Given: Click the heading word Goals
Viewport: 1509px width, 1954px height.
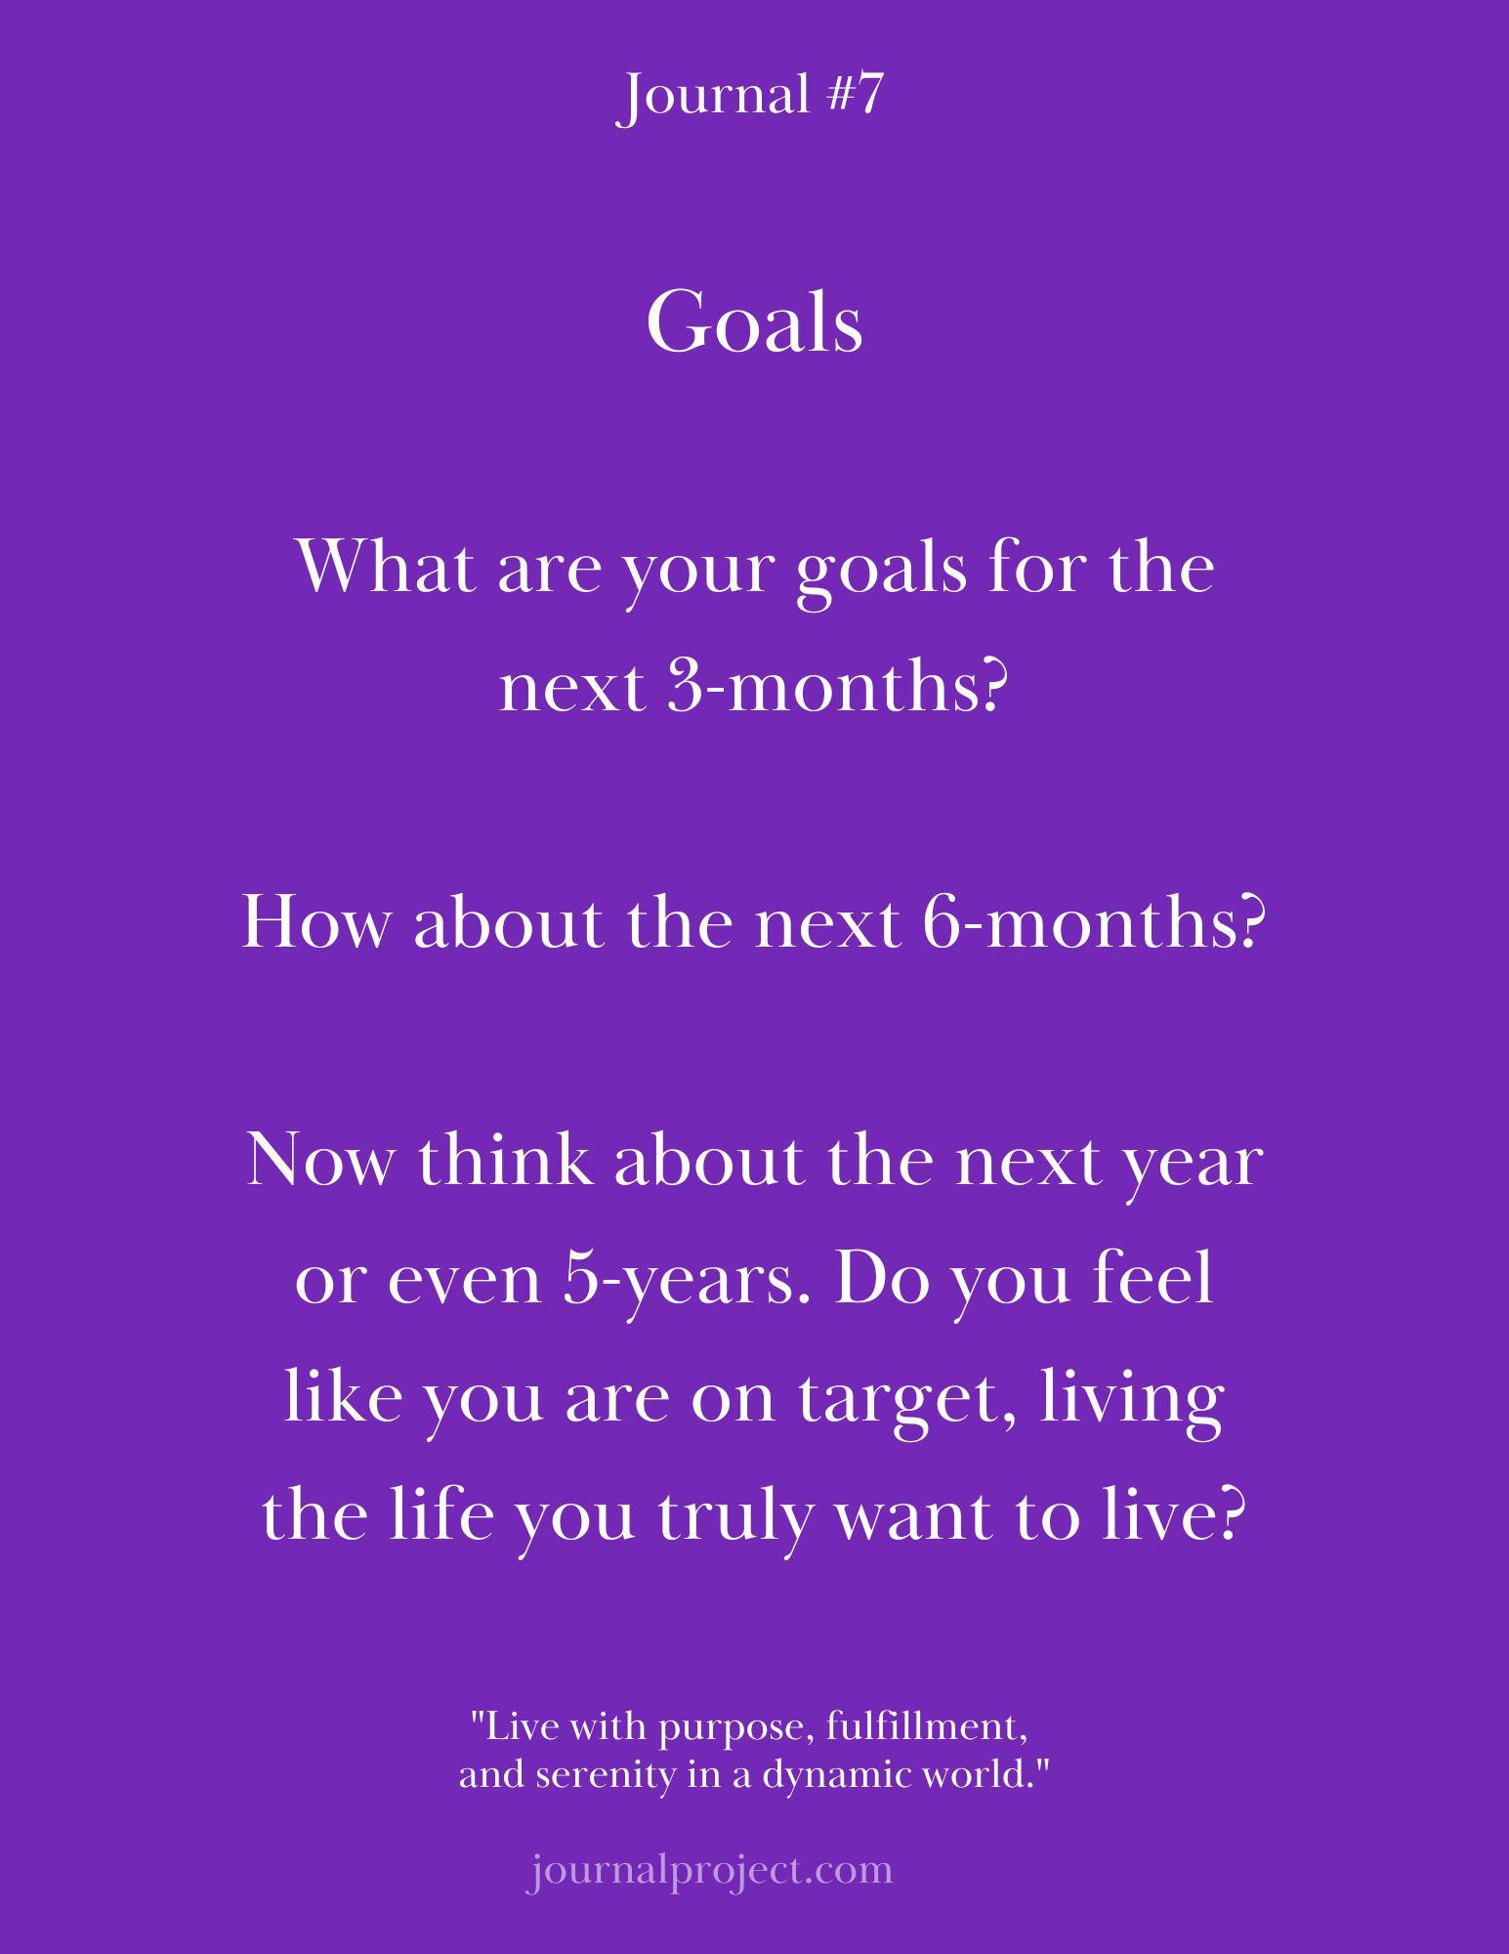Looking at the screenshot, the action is (x=754, y=322).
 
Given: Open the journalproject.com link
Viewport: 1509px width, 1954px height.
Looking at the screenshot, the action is (x=709, y=1871).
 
